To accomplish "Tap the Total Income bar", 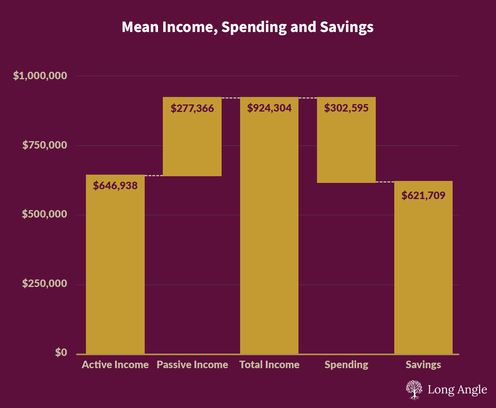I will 269,237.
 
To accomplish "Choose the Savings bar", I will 423,276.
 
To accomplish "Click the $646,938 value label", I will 115,186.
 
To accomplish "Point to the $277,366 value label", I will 192,108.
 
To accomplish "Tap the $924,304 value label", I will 269,108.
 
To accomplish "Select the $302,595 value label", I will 346,108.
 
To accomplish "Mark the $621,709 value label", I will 423,196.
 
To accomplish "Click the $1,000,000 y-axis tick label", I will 40,76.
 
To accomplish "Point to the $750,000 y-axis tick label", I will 45,145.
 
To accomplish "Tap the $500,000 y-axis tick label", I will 45,214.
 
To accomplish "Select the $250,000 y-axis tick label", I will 45,284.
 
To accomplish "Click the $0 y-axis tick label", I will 61,353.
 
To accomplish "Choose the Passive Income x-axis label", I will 192,365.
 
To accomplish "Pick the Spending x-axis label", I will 346,365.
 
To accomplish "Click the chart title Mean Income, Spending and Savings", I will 248,27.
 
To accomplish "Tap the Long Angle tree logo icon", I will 414,390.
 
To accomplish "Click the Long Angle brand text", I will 457,390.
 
